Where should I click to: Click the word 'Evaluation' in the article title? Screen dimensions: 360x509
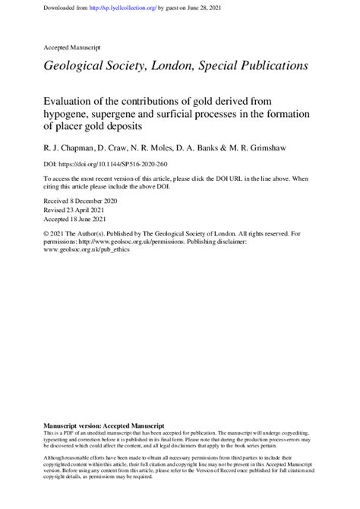pos(71,101)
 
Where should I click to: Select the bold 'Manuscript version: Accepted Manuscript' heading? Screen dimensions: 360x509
pos(105,425)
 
